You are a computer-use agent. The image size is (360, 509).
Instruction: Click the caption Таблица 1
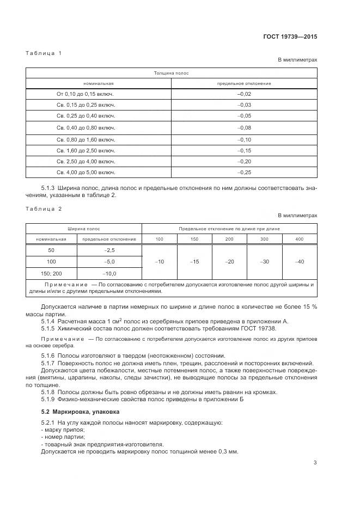(44, 53)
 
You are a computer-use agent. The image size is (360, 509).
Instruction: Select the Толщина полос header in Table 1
(171, 72)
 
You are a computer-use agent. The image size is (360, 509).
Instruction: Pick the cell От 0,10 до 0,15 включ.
(86, 94)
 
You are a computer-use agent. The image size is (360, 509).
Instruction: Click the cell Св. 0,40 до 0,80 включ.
(86, 127)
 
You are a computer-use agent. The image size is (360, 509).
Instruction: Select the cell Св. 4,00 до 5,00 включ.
(86, 172)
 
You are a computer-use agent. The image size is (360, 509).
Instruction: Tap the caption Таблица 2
(44, 208)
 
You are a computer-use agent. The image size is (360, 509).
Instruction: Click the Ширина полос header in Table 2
(84, 229)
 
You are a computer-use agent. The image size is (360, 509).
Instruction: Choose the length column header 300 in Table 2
(265, 239)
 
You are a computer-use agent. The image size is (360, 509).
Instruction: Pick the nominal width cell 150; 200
(52, 273)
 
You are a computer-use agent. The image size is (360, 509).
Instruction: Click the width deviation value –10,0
(109, 273)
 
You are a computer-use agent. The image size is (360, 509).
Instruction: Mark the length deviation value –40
(300, 262)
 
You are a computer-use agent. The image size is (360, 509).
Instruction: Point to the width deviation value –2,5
(109, 250)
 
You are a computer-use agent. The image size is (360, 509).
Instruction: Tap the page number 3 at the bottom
(315, 463)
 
